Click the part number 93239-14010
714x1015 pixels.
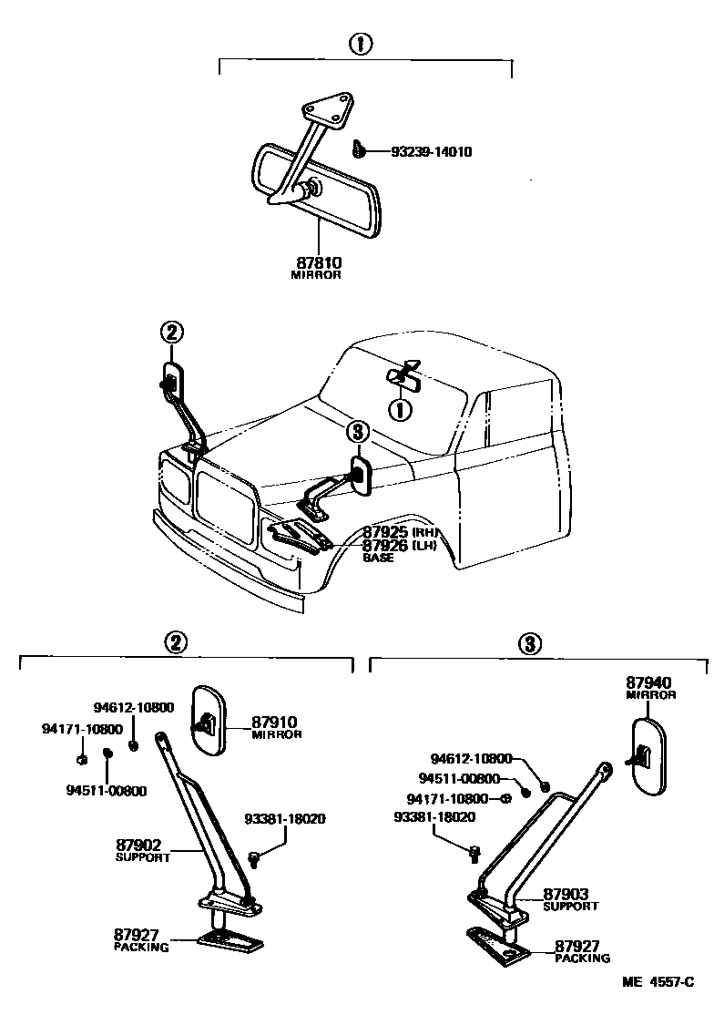coord(432,152)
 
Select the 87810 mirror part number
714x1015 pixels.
coord(315,262)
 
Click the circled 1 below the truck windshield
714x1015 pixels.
coord(399,410)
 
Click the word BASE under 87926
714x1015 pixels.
coord(378,558)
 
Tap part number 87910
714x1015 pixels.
coord(276,722)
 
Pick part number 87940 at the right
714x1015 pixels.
coord(649,682)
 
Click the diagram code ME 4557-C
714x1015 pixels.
coord(658,982)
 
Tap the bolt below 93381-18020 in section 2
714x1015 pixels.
coord(254,857)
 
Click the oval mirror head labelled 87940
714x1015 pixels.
coord(648,756)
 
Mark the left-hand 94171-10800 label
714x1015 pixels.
coord(82,729)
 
